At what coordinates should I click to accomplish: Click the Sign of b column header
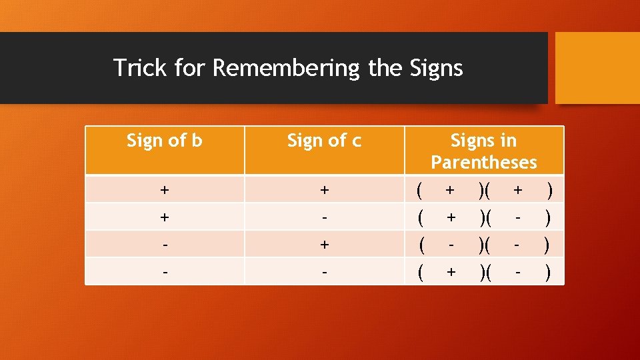pyautogui.click(x=165, y=141)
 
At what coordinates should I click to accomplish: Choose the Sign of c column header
pyautogui.click(x=324, y=141)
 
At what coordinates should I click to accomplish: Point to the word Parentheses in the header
pyautogui.click(x=483, y=162)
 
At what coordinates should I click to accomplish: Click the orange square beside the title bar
pyautogui.click(x=597, y=68)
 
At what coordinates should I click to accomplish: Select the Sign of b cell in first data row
pyautogui.click(x=165, y=190)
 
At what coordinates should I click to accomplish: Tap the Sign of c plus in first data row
pyautogui.click(x=324, y=190)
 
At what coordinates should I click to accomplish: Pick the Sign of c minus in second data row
pyautogui.click(x=324, y=217)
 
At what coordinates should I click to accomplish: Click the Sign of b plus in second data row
pyautogui.click(x=165, y=217)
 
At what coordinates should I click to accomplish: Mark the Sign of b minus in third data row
pyautogui.click(x=165, y=245)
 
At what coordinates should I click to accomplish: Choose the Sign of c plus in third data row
pyautogui.click(x=324, y=245)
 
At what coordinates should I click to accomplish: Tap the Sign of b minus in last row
pyautogui.click(x=165, y=272)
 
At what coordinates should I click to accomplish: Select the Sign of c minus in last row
pyautogui.click(x=324, y=272)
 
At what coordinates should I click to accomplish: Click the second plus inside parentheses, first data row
pyautogui.click(x=517, y=190)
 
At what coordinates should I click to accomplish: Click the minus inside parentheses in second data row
pyautogui.click(x=517, y=217)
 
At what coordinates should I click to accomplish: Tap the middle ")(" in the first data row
pyautogui.click(x=484, y=190)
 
